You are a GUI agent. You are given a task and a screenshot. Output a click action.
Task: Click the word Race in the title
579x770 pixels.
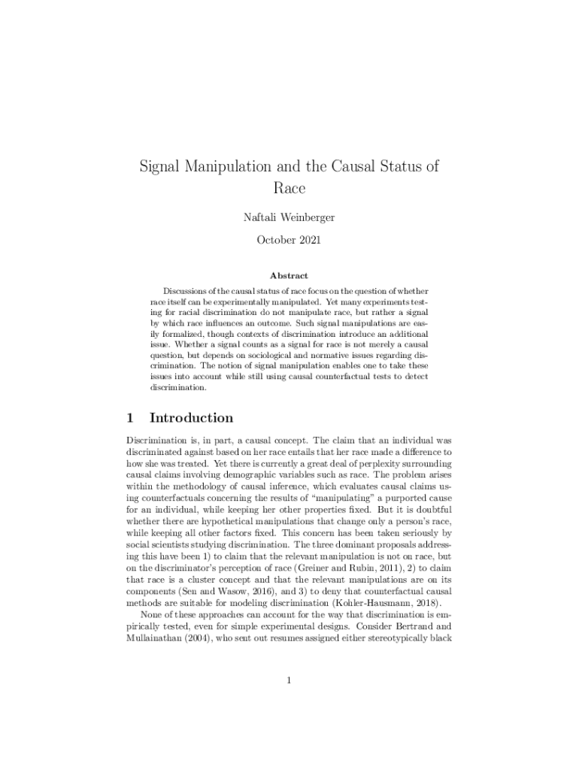tap(289, 188)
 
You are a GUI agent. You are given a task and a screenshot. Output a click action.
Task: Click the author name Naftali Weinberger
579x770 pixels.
tap(289, 217)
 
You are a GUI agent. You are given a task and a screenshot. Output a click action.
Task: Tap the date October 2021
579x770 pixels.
tap(289, 241)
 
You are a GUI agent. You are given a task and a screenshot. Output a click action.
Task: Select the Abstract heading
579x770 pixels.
tap(289, 276)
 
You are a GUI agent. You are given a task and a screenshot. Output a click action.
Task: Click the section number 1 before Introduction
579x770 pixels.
tap(130, 418)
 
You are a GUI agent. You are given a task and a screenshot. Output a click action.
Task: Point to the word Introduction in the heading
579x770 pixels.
tap(191, 418)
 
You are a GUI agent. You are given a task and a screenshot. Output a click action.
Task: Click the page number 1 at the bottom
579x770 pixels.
tap(289, 681)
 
